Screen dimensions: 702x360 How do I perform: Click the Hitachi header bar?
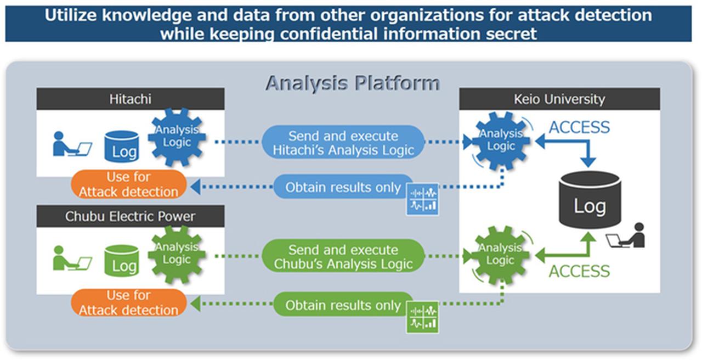click(131, 99)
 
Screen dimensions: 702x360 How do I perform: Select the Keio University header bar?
click(559, 99)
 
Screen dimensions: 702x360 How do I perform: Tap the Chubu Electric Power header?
click(131, 216)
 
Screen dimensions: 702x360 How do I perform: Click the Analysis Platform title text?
click(353, 83)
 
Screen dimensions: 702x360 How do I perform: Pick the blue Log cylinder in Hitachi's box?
click(122, 147)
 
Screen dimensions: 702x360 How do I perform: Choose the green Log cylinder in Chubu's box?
click(122, 261)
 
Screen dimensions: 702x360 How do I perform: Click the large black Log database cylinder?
click(590, 200)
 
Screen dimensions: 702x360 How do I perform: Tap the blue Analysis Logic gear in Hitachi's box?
click(177, 137)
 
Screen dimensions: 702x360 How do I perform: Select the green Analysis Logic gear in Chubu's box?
click(177, 254)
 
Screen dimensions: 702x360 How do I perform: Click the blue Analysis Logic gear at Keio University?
click(501, 140)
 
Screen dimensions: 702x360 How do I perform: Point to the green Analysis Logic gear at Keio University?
click(501, 255)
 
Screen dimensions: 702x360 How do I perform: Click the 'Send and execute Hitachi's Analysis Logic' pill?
click(343, 142)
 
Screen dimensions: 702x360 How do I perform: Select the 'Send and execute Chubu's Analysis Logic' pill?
click(343, 256)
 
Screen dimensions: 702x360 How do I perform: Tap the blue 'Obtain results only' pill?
click(343, 187)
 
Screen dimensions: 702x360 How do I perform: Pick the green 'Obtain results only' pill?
click(343, 304)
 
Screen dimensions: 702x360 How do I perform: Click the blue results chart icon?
click(422, 199)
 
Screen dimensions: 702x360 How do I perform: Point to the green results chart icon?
click(422, 317)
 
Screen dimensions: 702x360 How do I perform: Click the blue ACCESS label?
click(579, 127)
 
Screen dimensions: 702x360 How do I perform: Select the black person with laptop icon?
click(626, 235)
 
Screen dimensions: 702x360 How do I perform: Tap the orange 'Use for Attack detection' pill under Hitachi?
click(129, 184)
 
